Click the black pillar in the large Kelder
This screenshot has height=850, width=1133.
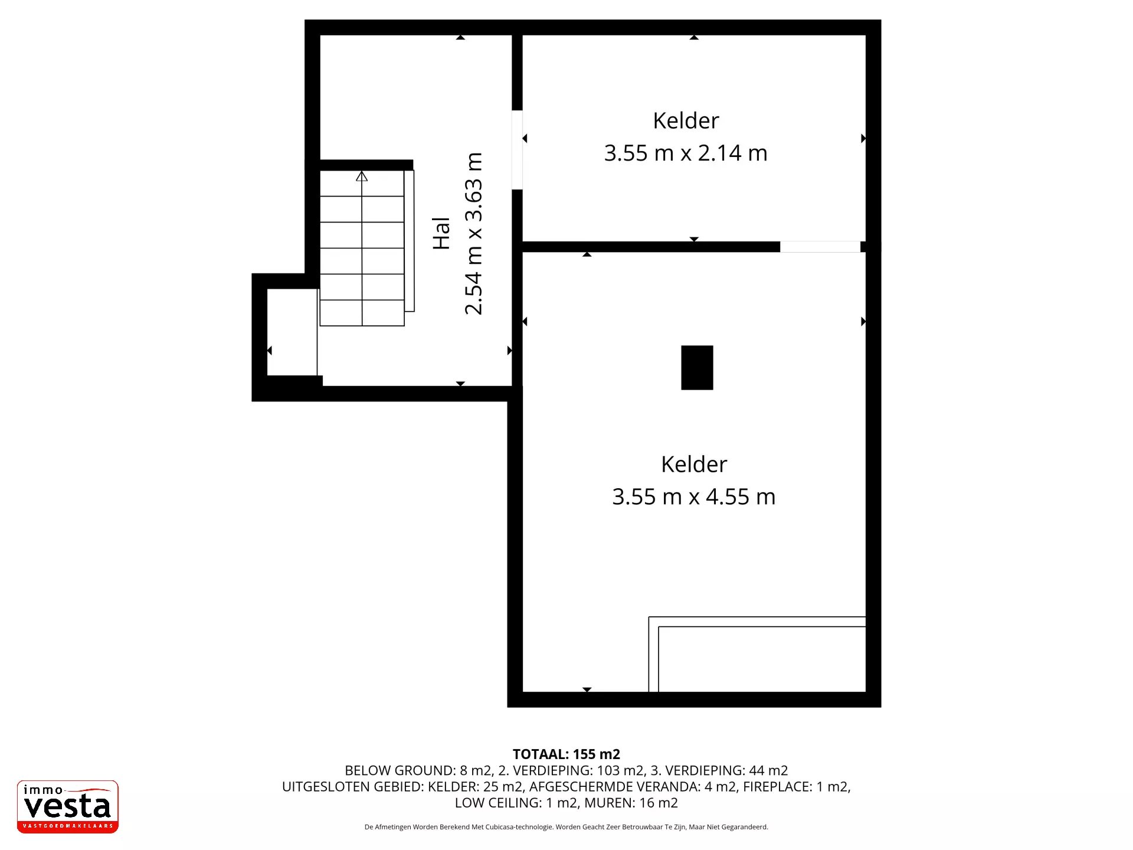click(x=697, y=368)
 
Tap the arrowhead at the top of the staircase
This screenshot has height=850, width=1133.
click(x=362, y=176)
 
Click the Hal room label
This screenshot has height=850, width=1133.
click(x=441, y=233)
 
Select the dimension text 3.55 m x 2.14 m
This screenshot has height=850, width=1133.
click(x=686, y=153)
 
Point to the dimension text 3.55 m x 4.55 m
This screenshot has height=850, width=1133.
click(x=694, y=496)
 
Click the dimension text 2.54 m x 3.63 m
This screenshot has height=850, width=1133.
click(x=474, y=233)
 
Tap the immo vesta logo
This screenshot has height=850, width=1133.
click(x=68, y=806)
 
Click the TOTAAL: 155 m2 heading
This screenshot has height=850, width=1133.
click(x=566, y=754)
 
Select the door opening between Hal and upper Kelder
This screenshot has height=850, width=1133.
click(x=517, y=150)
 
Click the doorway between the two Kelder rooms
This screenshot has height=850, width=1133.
click(x=820, y=247)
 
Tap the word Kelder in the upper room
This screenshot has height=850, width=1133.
click(x=686, y=120)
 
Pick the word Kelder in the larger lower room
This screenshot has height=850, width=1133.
click(x=694, y=464)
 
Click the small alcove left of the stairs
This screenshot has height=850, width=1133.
click(x=292, y=332)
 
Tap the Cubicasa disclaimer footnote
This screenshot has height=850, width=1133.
click(x=566, y=827)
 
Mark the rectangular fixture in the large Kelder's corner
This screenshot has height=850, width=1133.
click(x=757, y=654)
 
